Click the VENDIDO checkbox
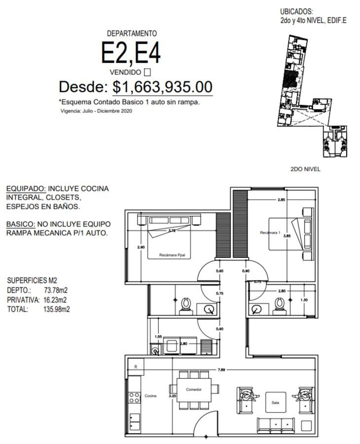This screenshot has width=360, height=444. (x=147, y=73)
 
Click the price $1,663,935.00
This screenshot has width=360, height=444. (x=162, y=87)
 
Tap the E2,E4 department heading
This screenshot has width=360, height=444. (x=131, y=53)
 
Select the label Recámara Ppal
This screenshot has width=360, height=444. (x=172, y=255)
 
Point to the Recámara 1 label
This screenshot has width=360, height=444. (x=270, y=233)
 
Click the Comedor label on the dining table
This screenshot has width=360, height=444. (x=194, y=389)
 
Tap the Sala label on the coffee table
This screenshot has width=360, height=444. (x=275, y=403)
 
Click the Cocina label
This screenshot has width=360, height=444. (x=150, y=396)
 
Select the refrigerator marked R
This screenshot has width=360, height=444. (x=136, y=367)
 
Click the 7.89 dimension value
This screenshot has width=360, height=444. (x=221, y=369)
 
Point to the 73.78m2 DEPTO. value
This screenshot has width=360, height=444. (x=56, y=290)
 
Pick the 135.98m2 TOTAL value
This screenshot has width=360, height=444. (x=57, y=309)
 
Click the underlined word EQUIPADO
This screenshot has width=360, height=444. (x=26, y=188)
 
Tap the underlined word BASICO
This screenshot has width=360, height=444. (x=21, y=224)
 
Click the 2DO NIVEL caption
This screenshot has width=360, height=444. (x=305, y=169)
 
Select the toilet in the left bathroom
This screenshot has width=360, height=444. (x=186, y=306)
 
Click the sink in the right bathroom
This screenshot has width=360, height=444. (x=256, y=309)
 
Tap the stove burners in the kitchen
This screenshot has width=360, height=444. (x=135, y=397)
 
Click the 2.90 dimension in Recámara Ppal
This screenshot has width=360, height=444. (x=141, y=247)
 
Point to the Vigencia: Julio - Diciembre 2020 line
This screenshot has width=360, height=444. (x=96, y=111)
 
